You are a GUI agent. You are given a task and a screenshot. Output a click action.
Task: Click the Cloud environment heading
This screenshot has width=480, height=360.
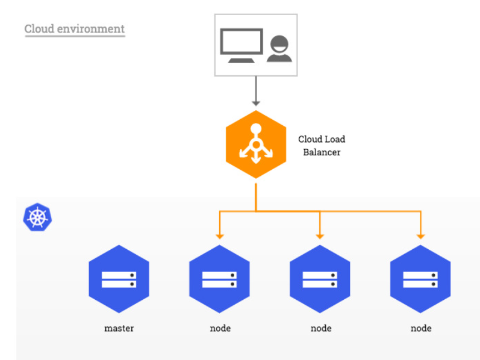[74, 29]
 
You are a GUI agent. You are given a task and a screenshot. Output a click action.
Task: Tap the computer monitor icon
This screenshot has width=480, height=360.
[241, 45]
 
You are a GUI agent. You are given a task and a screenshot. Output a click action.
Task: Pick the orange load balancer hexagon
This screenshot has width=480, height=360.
[255, 144]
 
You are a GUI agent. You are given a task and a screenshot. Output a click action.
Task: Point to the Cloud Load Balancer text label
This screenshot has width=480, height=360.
[322, 146]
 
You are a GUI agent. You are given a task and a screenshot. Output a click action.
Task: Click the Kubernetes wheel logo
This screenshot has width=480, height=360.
[37, 217]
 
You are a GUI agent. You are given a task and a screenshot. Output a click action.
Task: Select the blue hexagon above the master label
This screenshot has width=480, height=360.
[119, 279]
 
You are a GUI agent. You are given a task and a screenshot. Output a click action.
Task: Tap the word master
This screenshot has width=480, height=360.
[119, 328]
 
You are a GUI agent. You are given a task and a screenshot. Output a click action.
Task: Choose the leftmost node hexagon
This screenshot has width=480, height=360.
[219, 279]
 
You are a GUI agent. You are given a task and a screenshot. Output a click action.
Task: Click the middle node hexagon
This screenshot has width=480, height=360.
[320, 279]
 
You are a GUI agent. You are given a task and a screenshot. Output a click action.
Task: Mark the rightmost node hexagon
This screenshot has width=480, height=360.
[420, 279]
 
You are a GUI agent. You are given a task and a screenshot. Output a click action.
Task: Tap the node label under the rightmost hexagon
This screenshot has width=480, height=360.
[420, 328]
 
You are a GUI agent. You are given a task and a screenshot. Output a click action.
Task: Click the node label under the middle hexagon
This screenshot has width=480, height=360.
[320, 328]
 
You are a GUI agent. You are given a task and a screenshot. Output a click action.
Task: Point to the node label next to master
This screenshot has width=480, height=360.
[220, 328]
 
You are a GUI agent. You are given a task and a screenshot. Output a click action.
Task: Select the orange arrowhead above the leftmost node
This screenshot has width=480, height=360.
[219, 235]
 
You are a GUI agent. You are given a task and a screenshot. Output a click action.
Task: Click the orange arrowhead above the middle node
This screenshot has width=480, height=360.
[320, 235]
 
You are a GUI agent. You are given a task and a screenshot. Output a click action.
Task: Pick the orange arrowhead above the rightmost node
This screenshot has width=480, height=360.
[420, 235]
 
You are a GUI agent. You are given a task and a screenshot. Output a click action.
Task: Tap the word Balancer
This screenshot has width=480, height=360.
[322, 152]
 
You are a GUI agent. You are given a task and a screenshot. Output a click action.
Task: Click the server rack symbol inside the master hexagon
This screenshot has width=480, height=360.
[119, 279]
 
